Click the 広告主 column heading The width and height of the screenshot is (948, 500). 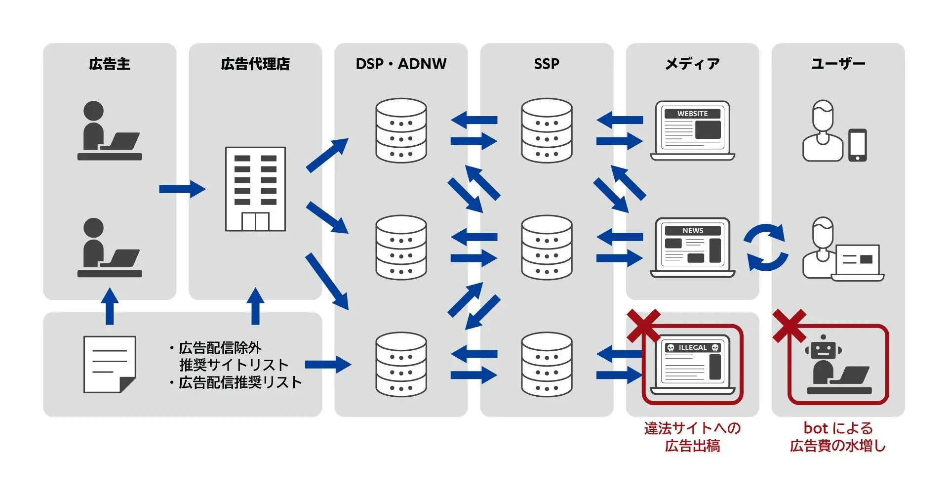pyautogui.click(x=110, y=64)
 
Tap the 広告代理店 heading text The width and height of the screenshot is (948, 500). pyautogui.click(x=255, y=64)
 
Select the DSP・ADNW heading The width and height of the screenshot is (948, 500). pyautogui.click(x=401, y=64)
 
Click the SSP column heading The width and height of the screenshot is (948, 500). pyautogui.click(x=547, y=64)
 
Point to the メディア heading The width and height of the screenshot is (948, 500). pyautogui.click(x=692, y=64)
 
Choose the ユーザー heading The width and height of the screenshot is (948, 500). pyautogui.click(x=838, y=64)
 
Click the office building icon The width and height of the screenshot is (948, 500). pyautogui.click(x=255, y=189)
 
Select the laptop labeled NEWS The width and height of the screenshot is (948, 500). pyautogui.click(x=692, y=248)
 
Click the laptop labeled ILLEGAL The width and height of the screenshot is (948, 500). pyautogui.click(x=692, y=365)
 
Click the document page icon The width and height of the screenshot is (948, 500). pyautogui.click(x=110, y=365)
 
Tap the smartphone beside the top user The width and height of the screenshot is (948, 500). pyautogui.click(x=858, y=145)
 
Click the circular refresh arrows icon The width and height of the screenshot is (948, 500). pyautogui.click(x=766, y=248)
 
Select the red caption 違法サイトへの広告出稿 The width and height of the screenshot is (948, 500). pyautogui.click(x=692, y=437)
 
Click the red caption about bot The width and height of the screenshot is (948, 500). pyautogui.click(x=838, y=437)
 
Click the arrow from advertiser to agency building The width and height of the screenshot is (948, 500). pyautogui.click(x=182, y=189)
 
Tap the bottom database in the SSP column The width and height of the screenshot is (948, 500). pyautogui.click(x=547, y=365)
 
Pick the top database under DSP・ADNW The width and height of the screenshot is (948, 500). pyautogui.click(x=401, y=130)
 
